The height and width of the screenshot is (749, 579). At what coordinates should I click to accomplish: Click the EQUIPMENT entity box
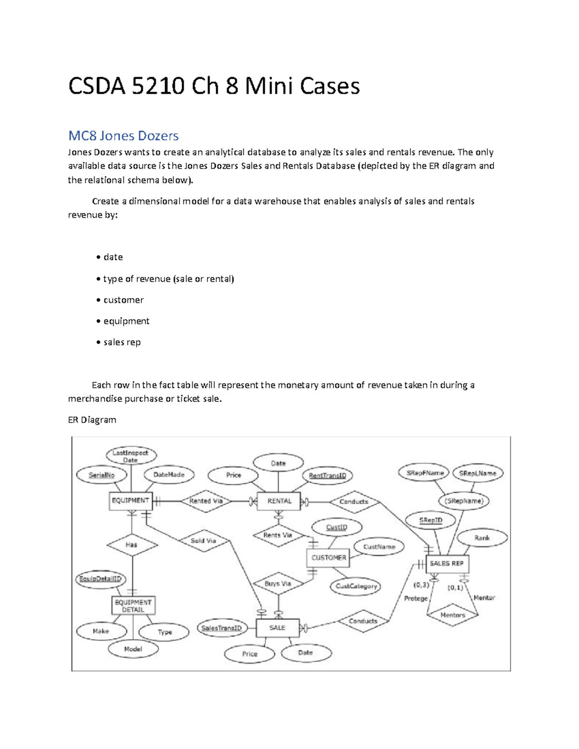130,501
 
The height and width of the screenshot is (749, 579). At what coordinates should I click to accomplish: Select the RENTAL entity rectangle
279,502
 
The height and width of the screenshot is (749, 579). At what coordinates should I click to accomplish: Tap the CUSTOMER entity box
329,558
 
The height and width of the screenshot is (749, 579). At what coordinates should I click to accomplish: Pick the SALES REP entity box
446,564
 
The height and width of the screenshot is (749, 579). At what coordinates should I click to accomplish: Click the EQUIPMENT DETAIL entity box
133,606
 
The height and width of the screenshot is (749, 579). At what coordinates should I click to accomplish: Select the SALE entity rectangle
277,628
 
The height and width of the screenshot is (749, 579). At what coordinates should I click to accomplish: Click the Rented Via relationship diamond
206,502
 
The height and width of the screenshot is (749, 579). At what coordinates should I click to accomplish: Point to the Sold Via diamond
203,541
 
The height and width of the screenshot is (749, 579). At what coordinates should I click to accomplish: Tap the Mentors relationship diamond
453,615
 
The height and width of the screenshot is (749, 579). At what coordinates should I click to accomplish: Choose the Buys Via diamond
278,584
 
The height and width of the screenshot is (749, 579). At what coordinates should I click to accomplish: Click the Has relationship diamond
132,545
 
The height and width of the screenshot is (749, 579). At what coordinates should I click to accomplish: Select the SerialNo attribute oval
101,475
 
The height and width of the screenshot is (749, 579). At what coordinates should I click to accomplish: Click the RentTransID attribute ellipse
328,476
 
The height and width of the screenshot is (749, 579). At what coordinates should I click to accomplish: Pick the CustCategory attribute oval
356,586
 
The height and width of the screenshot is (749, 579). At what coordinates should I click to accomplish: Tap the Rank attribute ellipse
482,538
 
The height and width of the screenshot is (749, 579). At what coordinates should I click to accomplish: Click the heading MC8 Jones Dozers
124,136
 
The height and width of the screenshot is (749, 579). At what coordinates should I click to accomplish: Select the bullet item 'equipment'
126,321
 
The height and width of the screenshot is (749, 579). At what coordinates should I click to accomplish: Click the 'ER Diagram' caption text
92,420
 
